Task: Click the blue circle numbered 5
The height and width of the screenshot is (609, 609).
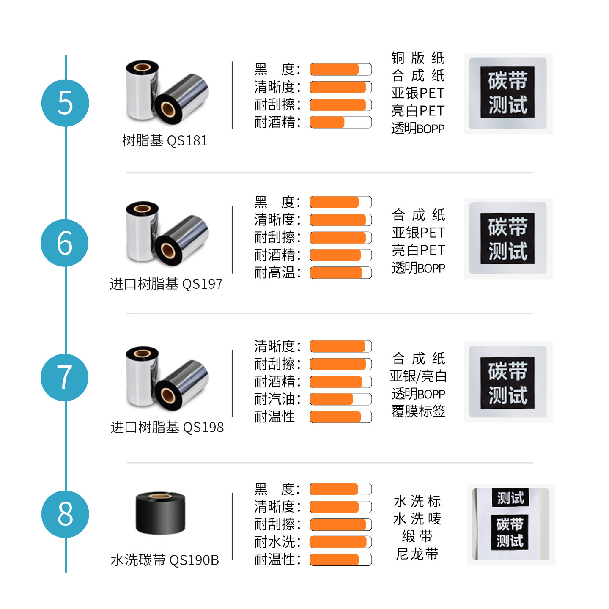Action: [x=65, y=103]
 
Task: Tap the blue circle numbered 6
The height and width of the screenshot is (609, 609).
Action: [x=64, y=243]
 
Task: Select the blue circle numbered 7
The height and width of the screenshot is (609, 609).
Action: [x=64, y=377]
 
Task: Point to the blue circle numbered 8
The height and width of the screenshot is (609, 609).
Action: [x=65, y=514]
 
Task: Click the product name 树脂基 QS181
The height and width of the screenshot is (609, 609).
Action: [x=165, y=140]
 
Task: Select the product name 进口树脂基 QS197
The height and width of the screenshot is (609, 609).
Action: [x=166, y=284]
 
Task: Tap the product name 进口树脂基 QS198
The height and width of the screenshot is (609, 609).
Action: [x=167, y=427]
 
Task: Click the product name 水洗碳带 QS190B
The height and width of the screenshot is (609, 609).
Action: [x=165, y=560]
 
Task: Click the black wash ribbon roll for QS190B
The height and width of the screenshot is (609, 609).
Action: [x=160, y=513]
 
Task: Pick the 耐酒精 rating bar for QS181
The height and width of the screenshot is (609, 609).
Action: [x=340, y=122]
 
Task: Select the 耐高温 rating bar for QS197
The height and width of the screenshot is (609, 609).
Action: [x=340, y=273]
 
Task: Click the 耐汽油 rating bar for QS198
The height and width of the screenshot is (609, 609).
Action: [x=340, y=399]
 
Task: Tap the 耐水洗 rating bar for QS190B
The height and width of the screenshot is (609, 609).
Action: [x=340, y=542]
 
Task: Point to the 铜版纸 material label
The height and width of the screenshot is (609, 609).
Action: [x=417, y=58]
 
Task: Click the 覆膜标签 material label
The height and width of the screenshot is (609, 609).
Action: [x=418, y=411]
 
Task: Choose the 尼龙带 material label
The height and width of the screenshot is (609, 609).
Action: [x=417, y=554]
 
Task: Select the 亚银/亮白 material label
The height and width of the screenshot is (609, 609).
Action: [x=418, y=376]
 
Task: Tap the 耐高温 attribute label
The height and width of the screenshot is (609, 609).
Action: [x=277, y=273]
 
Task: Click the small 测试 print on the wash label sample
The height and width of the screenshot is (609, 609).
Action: [x=510, y=498]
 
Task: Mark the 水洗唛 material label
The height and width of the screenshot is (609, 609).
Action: [x=417, y=518]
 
